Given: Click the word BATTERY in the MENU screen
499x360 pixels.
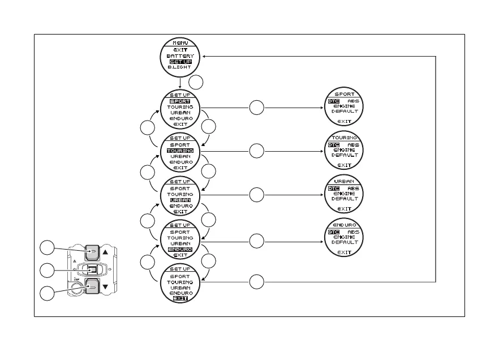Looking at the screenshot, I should click(x=180, y=56).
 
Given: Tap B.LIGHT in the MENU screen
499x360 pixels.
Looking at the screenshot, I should click(x=180, y=67).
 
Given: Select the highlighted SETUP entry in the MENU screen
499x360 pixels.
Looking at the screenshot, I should click(x=180, y=62).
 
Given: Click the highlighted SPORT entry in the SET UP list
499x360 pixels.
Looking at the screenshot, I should click(x=180, y=101).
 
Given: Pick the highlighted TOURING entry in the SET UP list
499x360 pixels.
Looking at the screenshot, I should click(x=180, y=151).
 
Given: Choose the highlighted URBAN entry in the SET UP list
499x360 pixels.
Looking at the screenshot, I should click(x=180, y=200).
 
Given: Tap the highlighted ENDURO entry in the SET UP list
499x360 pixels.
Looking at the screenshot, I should click(x=180, y=249).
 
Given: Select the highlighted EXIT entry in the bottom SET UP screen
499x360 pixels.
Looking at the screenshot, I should click(x=180, y=298).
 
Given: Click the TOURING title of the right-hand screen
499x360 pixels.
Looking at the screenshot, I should click(x=345, y=138).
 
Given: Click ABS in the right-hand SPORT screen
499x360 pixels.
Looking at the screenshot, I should click(x=353, y=101).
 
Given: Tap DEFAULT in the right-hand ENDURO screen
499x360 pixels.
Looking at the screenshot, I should click(x=345, y=242).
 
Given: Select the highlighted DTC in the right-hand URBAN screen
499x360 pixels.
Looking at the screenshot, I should click(x=334, y=188).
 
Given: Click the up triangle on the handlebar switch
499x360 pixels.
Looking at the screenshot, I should click(x=106, y=253).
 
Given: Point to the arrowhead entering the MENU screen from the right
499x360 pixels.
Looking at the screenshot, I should click(x=205, y=56).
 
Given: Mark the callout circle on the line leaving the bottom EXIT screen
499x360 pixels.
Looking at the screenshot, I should click(x=257, y=281).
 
